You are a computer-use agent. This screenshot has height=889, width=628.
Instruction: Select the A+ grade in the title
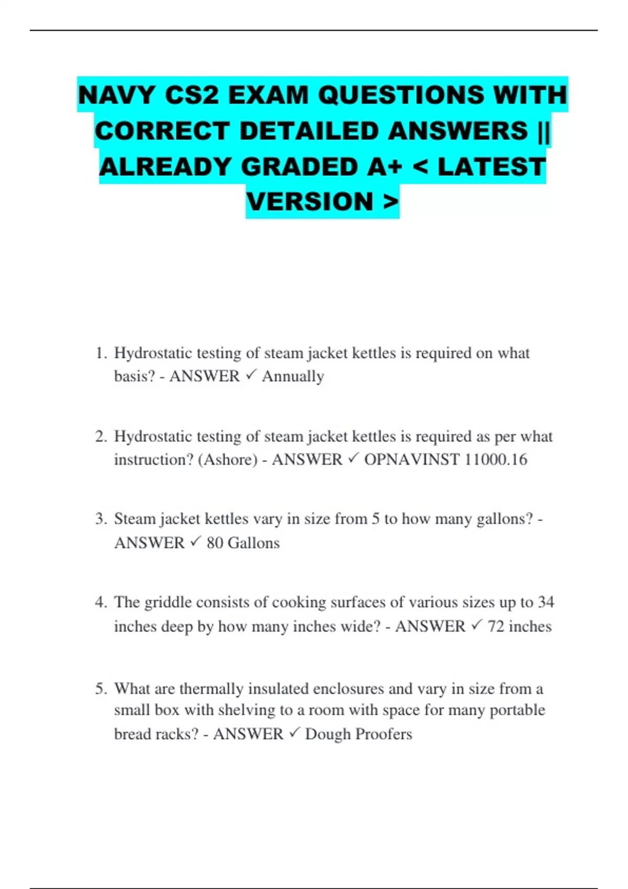(x=385, y=167)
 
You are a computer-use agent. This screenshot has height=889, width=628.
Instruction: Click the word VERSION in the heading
(x=310, y=202)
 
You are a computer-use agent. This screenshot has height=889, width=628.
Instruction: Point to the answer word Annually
(x=293, y=376)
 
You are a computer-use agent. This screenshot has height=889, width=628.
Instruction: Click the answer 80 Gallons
(x=243, y=543)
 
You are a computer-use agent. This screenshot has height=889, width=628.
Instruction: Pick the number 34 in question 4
(x=545, y=602)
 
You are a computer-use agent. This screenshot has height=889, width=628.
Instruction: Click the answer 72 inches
(x=519, y=626)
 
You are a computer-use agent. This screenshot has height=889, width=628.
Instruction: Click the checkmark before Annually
(x=250, y=375)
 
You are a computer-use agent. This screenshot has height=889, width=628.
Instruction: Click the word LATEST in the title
(x=491, y=167)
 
